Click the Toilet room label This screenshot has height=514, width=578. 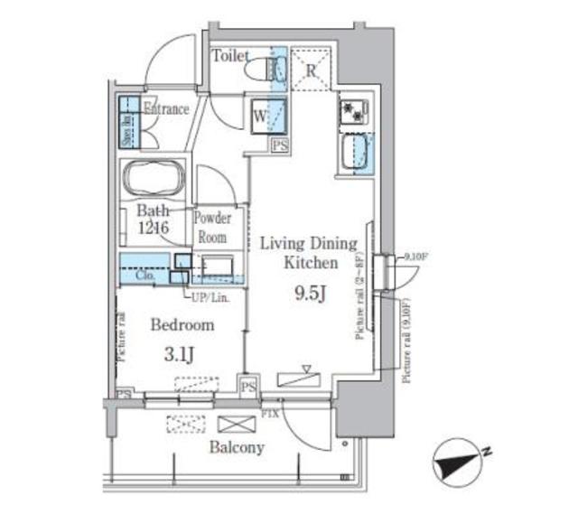230,56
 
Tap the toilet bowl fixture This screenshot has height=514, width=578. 265,68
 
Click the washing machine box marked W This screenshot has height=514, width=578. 260,115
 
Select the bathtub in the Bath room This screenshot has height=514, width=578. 153,179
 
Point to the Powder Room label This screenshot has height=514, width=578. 213,227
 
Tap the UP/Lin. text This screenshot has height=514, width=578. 209,296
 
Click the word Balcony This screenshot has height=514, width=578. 237,447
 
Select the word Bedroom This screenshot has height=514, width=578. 182,325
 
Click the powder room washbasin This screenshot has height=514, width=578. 217,266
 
